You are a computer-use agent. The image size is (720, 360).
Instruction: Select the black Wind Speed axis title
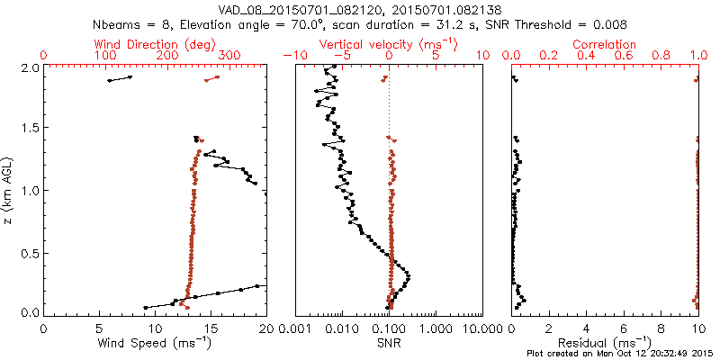coord(155,343)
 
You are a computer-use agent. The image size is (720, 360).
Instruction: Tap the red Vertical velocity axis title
coord(389,44)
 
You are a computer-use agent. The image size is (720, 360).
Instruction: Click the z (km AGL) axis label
coord(8,190)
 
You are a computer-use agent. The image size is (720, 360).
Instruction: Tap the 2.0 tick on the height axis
coord(29,67)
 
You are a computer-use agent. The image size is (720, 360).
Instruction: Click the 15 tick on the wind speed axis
coord(211,328)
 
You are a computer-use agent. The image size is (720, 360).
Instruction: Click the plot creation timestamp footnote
coord(620,354)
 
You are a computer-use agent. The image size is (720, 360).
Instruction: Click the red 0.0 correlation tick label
coord(512,56)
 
